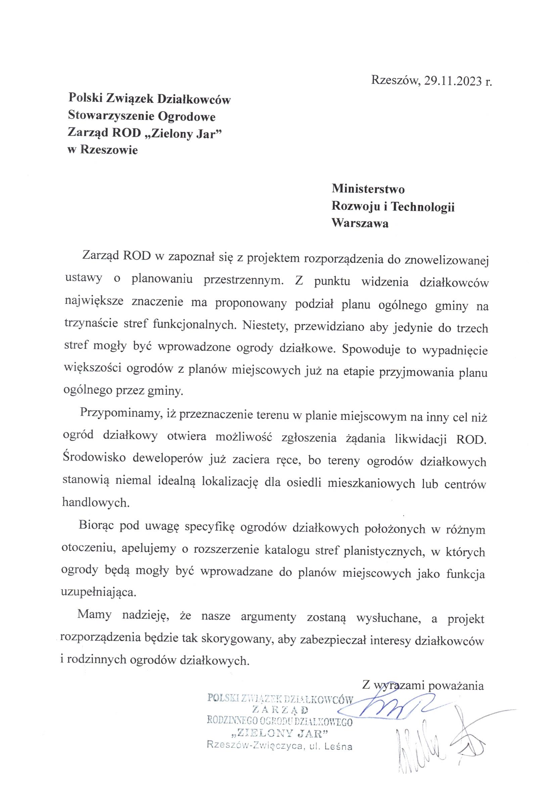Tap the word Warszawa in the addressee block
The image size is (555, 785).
pos(360,224)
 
